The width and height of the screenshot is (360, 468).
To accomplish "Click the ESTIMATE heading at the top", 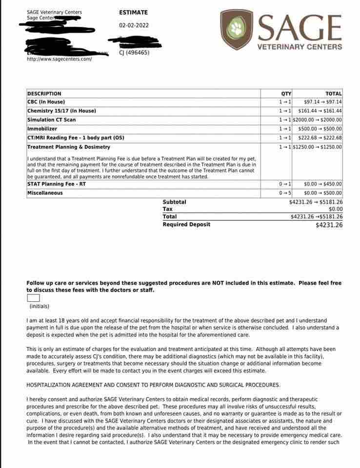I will click(133, 13).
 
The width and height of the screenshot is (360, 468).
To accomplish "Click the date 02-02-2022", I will click(134, 25).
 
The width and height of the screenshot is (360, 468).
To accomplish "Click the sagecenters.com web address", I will click(59, 59).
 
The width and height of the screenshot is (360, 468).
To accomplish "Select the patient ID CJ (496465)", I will click(134, 53).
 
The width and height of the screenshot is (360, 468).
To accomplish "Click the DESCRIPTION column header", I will click(44, 94).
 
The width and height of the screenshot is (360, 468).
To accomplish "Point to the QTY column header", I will click(286, 94).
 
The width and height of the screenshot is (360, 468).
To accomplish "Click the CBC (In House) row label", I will click(46, 102).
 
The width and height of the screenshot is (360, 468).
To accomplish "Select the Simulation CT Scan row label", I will click(51, 120).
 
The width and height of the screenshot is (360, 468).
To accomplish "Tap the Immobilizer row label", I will click(42, 129).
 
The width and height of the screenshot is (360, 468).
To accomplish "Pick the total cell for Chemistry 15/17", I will click(320, 111).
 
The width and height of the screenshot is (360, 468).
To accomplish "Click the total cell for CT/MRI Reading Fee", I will click(320, 138).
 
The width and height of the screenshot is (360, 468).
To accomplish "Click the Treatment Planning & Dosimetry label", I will click(69, 147).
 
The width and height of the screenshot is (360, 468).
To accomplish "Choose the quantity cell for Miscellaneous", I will click(285, 193).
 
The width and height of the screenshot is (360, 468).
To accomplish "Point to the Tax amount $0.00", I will click(336, 209).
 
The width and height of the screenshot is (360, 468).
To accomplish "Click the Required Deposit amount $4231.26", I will click(329, 225).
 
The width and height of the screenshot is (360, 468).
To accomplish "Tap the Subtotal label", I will click(174, 202).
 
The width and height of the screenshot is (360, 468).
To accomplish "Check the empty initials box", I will click(33, 298).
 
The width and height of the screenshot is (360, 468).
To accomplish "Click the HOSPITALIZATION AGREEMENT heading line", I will click(153, 385).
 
